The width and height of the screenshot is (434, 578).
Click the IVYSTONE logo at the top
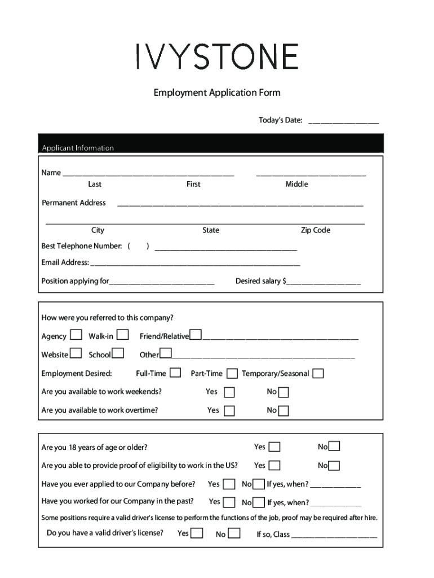tap(217, 57)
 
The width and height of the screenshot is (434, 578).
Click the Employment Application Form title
tap(217, 93)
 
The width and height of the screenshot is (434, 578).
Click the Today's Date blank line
tap(343, 120)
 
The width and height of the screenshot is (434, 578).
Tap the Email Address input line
tap(195, 262)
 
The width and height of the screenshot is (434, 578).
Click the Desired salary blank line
tap(324, 281)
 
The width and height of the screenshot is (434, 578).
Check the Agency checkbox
tap(76, 335)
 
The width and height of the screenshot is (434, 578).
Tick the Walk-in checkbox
tap(122, 335)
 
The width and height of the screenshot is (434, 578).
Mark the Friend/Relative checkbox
tap(196, 335)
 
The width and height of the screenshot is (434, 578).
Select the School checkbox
tap(118, 354)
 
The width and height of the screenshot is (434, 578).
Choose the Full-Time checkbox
tap(175, 373)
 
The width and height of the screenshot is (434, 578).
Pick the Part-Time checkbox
tap(232, 373)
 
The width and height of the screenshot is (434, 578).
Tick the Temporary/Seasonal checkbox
tap(318, 373)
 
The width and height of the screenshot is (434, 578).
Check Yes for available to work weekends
tap(229, 392)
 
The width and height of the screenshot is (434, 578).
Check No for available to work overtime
tap(284, 410)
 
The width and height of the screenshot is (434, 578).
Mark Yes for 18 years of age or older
tap(274, 447)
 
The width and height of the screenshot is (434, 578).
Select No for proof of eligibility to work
tap(334, 466)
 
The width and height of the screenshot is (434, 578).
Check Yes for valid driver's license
tap(197, 533)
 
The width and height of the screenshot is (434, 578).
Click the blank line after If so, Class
tap(334, 535)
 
